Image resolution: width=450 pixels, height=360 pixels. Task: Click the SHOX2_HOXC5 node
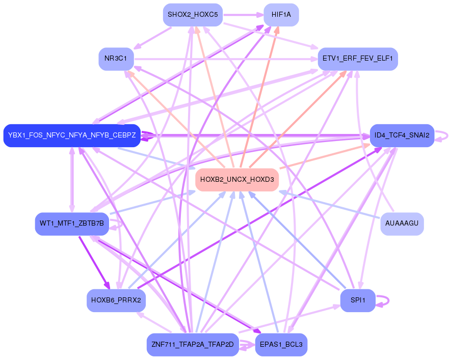pyautogui.click(x=193, y=15)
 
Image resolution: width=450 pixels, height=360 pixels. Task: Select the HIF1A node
pyautogui.click(x=281, y=15)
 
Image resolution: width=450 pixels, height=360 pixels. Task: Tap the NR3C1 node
pyautogui.click(x=116, y=59)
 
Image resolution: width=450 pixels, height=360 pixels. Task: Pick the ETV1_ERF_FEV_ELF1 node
pyautogui.click(x=357, y=59)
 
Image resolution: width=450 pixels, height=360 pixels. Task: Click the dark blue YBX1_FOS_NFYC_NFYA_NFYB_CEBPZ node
pyautogui.click(x=71, y=135)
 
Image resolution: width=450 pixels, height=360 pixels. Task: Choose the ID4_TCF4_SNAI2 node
pyautogui.click(x=402, y=135)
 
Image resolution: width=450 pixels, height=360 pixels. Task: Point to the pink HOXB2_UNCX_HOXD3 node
pyautogui.click(x=237, y=179)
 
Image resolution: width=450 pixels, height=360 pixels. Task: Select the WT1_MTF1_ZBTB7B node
pyautogui.click(x=72, y=224)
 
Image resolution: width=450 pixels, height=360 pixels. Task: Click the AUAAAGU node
pyautogui.click(x=402, y=224)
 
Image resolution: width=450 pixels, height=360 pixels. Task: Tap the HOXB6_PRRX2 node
pyautogui.click(x=116, y=300)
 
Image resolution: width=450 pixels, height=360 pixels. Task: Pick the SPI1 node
pyautogui.click(x=358, y=300)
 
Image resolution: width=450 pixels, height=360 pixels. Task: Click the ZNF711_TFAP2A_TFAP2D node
pyautogui.click(x=193, y=345)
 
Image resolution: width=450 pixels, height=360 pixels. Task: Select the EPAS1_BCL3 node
pyautogui.click(x=281, y=345)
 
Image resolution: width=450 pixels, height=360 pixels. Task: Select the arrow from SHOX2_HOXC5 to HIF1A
pyautogui.click(x=243, y=15)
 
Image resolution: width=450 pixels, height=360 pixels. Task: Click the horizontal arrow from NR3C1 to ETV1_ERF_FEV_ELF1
pyautogui.click(x=224, y=60)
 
